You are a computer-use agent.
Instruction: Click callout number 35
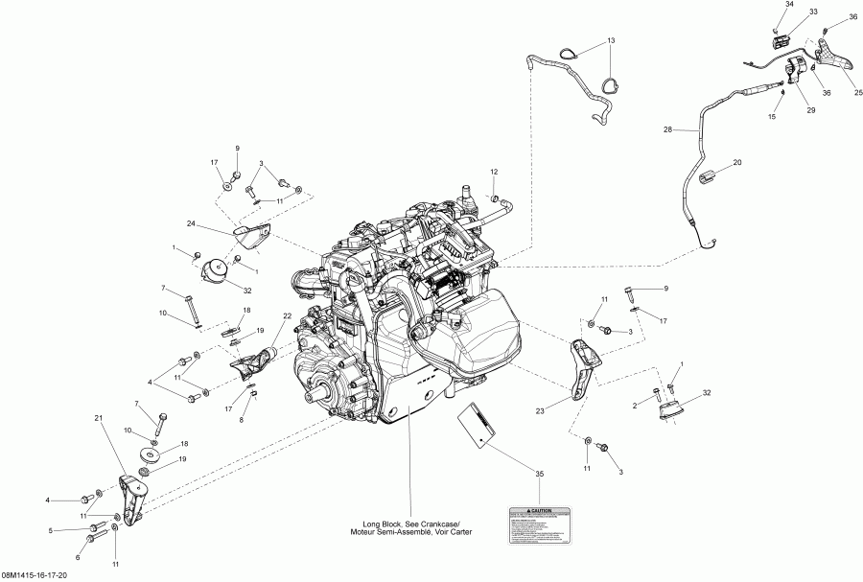539,474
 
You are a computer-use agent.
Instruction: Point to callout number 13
610,42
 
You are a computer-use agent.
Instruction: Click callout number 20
737,163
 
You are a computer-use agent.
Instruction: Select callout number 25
858,93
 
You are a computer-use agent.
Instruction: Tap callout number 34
789,5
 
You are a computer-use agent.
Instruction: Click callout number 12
495,172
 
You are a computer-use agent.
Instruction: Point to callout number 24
191,224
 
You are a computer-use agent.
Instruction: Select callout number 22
287,316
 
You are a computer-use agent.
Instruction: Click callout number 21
98,419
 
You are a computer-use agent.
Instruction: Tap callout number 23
540,411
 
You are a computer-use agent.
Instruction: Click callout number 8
242,420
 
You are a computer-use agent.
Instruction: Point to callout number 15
770,117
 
